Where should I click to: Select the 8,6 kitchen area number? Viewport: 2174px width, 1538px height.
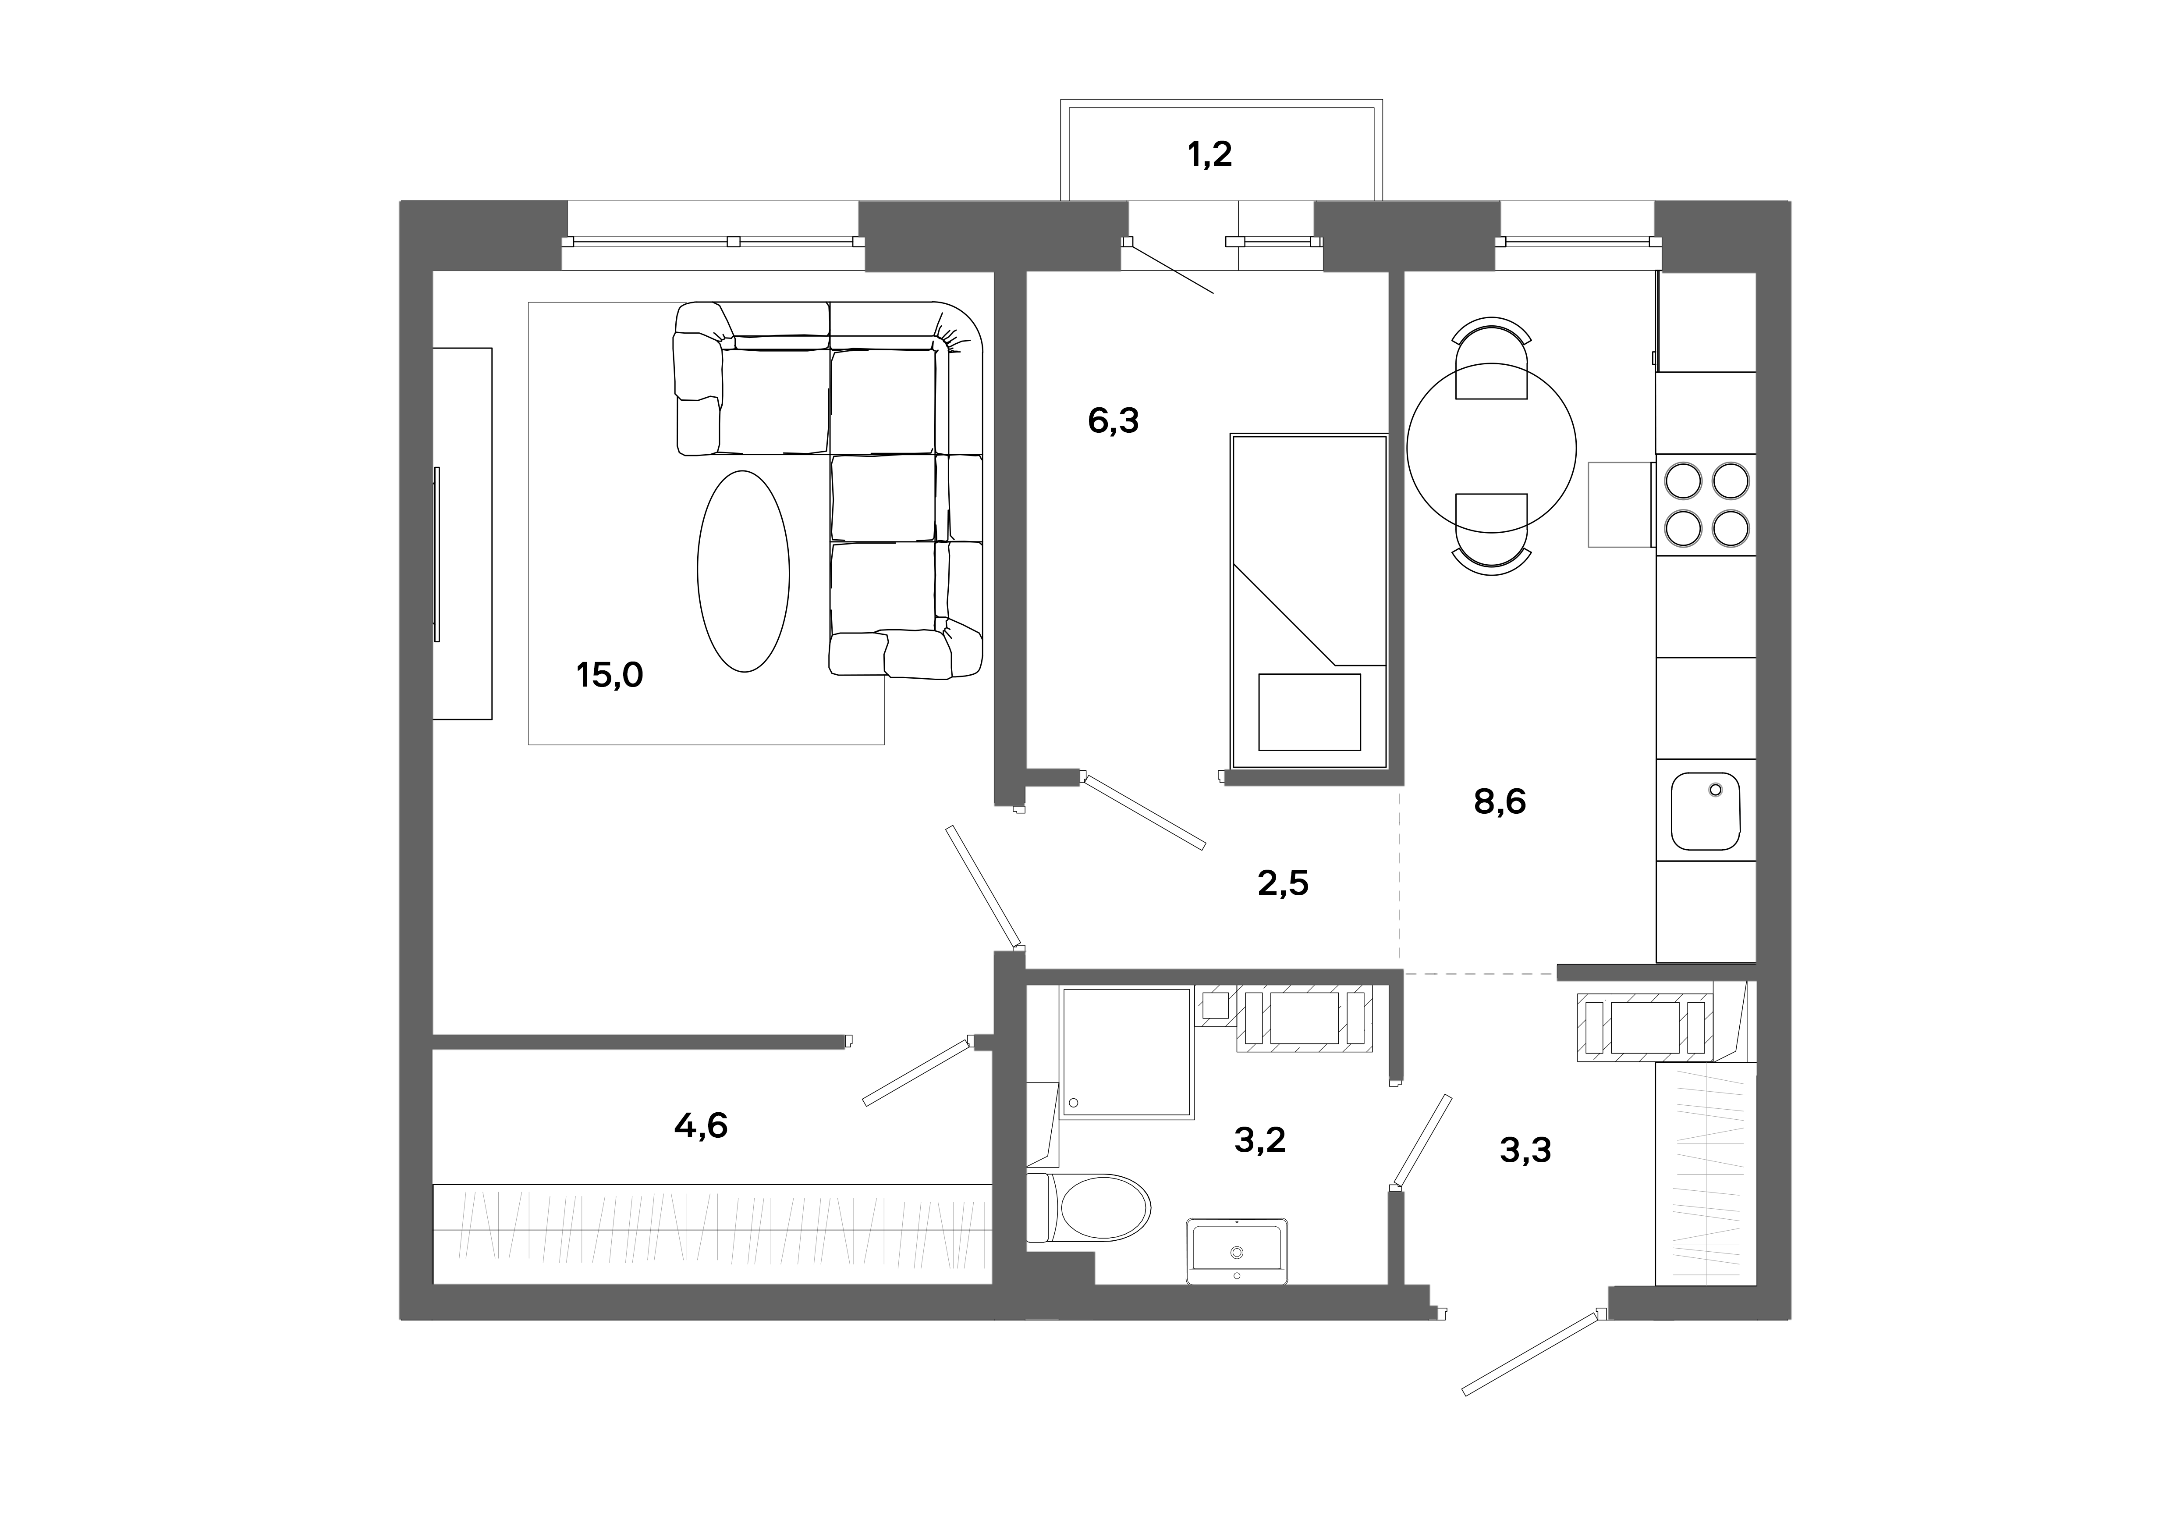(1500, 802)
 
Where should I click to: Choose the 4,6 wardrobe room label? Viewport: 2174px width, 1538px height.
(701, 1125)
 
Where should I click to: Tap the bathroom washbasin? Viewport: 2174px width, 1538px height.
(1237, 1250)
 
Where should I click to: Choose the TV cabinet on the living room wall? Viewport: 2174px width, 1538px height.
(463, 533)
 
